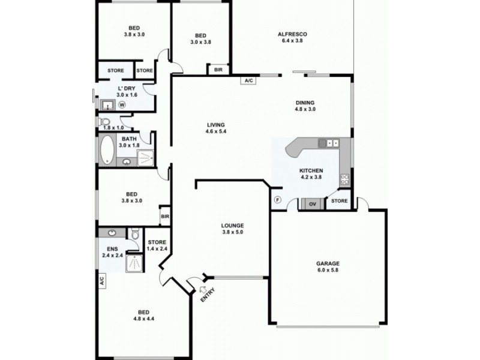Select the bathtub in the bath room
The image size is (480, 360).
[x=108, y=150]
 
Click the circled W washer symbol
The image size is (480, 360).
[x=122, y=104]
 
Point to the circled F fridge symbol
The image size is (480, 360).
[x=277, y=200]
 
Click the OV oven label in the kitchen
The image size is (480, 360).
[x=312, y=204]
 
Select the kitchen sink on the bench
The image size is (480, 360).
[x=329, y=143]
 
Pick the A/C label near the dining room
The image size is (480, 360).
[x=248, y=80]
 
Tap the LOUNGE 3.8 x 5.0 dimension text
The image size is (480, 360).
[x=232, y=232]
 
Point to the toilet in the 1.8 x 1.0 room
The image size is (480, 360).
[x=106, y=122]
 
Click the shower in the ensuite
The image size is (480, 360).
[x=134, y=262]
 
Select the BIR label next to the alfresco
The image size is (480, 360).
[x=217, y=70]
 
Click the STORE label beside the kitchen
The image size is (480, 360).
[x=340, y=201]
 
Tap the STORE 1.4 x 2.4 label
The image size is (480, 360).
[x=157, y=246]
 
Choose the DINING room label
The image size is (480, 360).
[x=305, y=106]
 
